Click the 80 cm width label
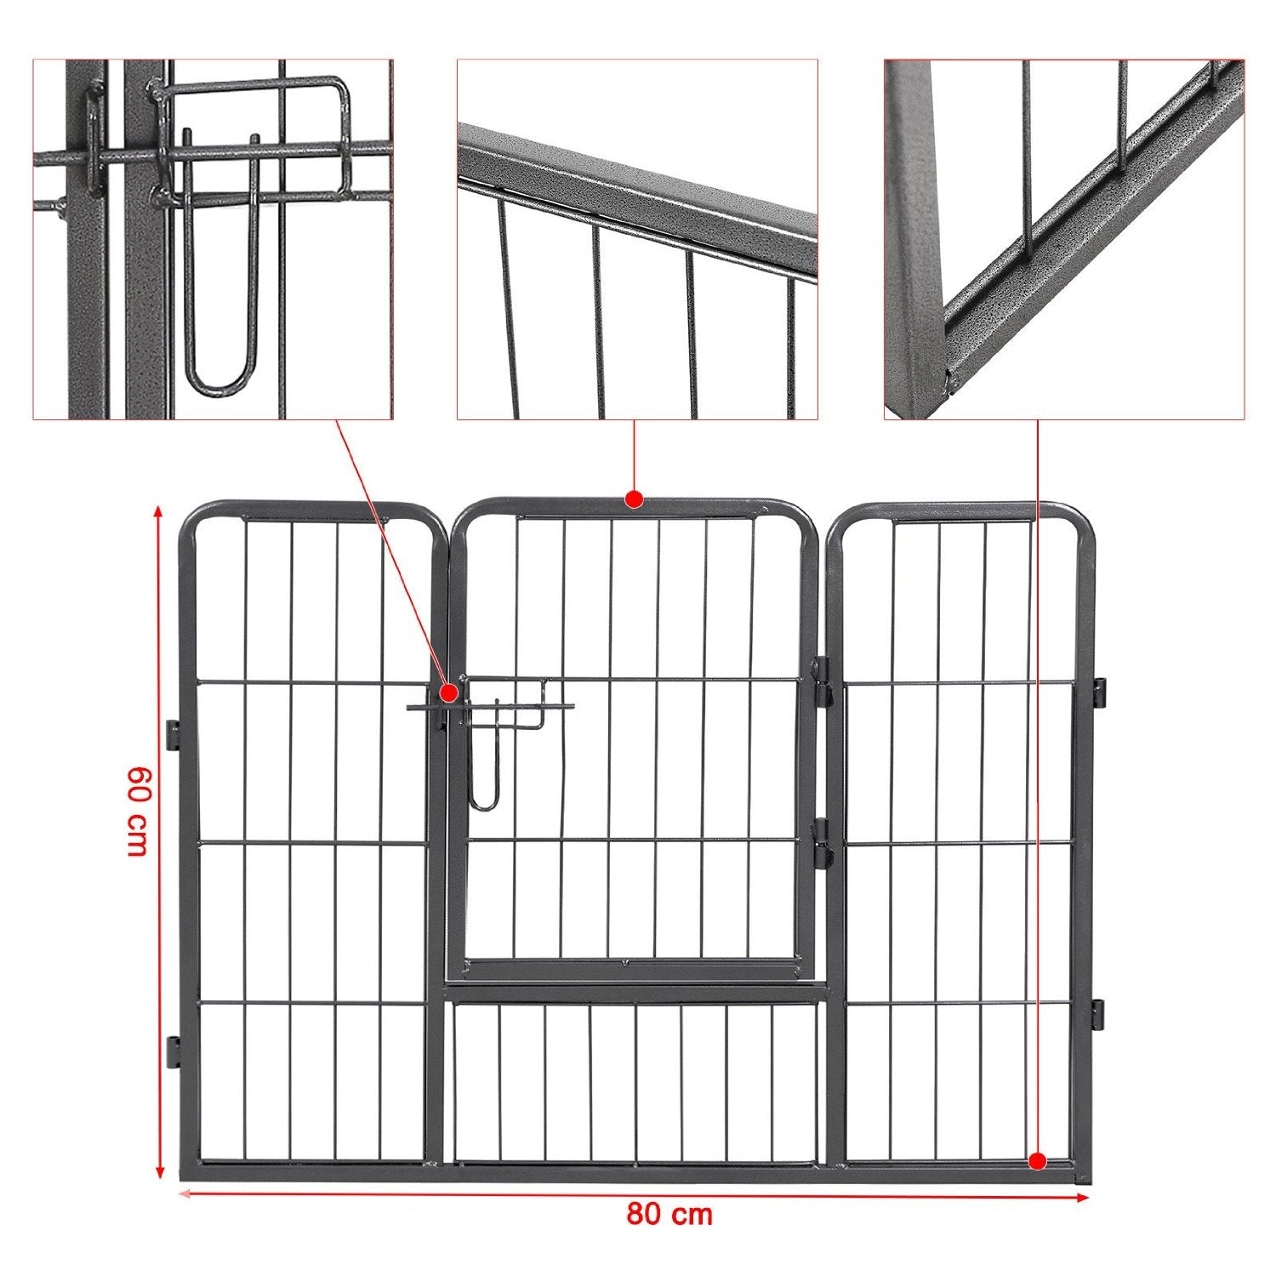click(x=669, y=1214)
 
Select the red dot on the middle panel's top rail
click(x=633, y=498)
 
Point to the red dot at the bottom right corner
click(x=1037, y=1160)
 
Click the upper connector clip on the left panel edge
click(x=173, y=735)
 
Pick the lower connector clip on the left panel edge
click(x=173, y=1051)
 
